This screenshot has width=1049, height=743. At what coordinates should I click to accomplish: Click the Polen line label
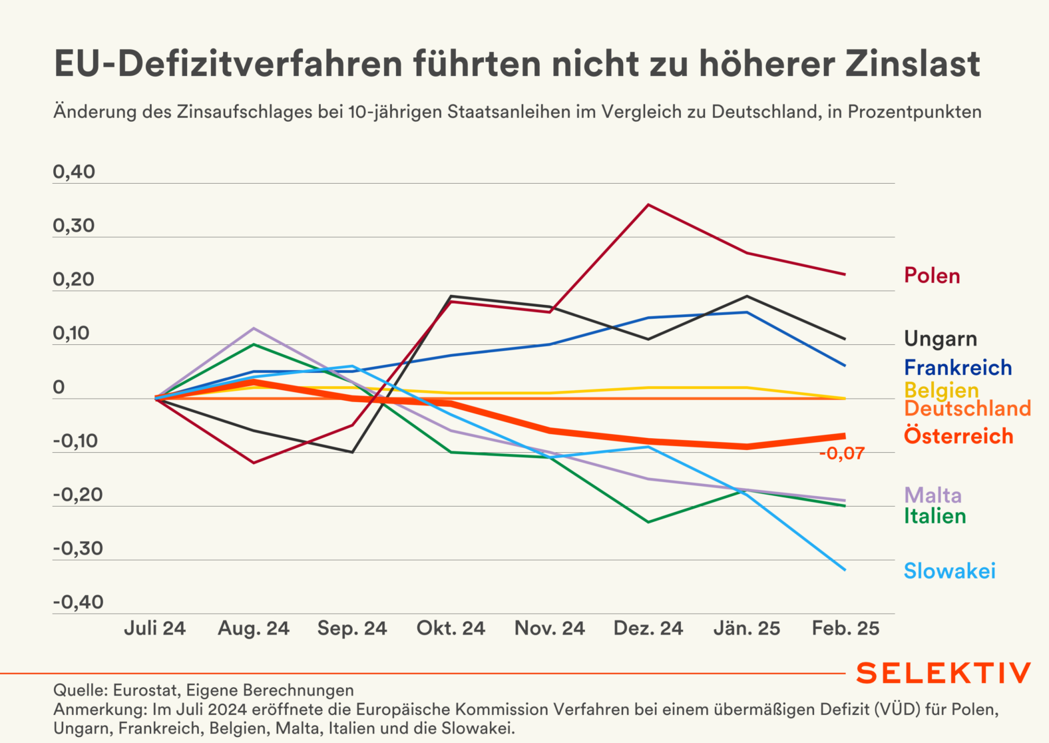pos(932,276)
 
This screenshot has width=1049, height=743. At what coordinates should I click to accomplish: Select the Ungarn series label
pos(940,339)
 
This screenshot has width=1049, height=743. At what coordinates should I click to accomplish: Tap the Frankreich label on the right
pos(958,368)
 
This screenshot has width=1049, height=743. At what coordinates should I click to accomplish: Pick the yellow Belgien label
pos(941,389)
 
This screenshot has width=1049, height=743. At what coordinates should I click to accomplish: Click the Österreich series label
pos(958,436)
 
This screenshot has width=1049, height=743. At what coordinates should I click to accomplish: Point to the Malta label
pos(933,495)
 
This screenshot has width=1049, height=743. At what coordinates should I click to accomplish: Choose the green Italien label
pos(935,516)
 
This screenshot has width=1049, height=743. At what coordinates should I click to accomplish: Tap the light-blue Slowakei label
pos(949,571)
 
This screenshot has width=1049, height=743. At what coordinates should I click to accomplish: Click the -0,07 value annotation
pos(841,454)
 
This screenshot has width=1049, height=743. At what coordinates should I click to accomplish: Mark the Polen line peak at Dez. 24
pos(648,205)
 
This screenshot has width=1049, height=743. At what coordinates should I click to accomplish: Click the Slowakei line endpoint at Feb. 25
pos(845,570)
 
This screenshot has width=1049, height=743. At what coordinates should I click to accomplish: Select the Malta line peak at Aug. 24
pos(254,328)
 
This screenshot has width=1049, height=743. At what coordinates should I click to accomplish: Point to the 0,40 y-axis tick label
pos(74,172)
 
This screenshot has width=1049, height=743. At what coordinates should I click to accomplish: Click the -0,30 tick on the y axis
pos(78,549)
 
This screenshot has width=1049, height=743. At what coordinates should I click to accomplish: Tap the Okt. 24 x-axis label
pos(451,628)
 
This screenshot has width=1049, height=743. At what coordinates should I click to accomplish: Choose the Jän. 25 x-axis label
pos(747,628)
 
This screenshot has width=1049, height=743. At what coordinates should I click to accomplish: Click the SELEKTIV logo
pos(943,673)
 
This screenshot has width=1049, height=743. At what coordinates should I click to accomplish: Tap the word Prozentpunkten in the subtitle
pos(915,112)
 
